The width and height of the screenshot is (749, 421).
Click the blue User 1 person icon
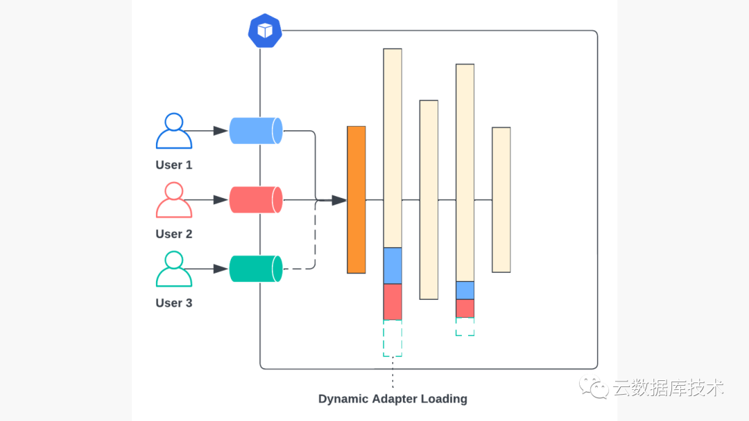pos(173,132)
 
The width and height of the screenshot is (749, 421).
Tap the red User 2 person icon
pos(173,200)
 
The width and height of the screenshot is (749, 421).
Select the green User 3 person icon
pos(173,269)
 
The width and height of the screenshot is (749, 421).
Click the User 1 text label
pos(173,165)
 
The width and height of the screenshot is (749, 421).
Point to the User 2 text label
pos(173,234)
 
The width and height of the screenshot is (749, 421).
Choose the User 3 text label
pos(173,303)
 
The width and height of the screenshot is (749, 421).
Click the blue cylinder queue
pos(255,131)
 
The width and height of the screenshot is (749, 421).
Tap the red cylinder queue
pos(255,199)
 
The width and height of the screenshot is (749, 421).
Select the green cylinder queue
pos(255,269)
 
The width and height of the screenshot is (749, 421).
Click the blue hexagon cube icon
pos(265,30)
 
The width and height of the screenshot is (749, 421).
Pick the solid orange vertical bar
pos(356,199)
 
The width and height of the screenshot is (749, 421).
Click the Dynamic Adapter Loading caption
pos(393,399)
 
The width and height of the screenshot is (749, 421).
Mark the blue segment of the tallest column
pos(393,265)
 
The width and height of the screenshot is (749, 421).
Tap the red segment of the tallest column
pos(393,301)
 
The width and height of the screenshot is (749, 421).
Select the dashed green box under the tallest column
pos(393,338)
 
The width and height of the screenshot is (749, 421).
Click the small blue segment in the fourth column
pos(465,290)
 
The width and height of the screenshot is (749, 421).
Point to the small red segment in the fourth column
pos(465,308)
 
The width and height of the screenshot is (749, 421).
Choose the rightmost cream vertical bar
pos(501,199)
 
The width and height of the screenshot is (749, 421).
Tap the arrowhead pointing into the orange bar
pos(338,200)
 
